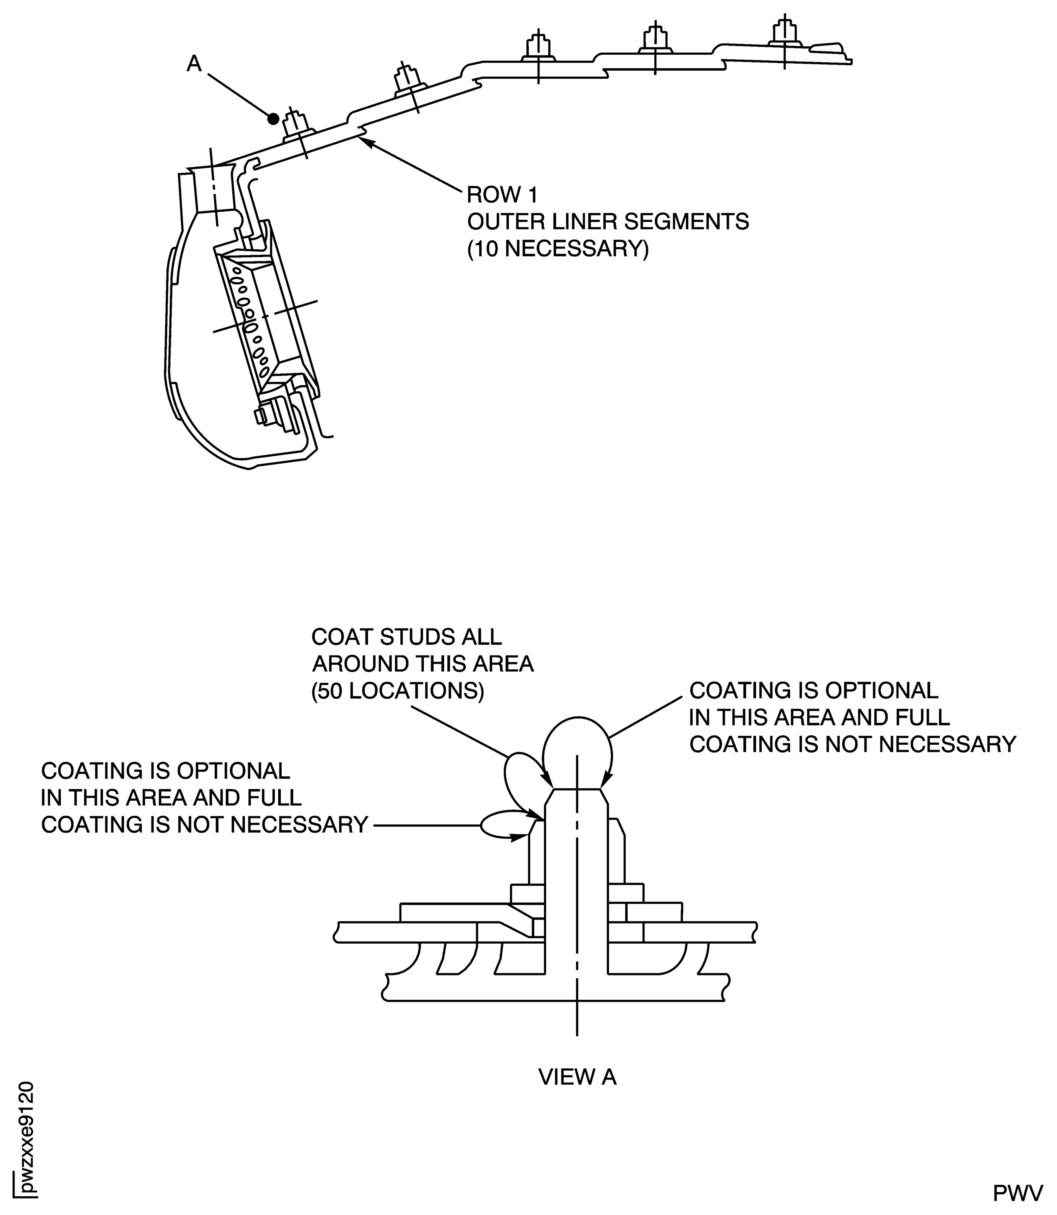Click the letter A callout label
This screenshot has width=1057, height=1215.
click(194, 63)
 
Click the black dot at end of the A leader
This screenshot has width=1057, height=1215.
click(273, 119)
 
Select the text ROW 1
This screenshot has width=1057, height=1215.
click(502, 195)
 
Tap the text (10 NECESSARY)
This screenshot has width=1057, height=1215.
click(557, 249)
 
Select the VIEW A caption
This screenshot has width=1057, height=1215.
click(577, 1077)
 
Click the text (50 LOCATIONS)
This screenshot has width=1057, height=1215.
click(397, 691)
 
